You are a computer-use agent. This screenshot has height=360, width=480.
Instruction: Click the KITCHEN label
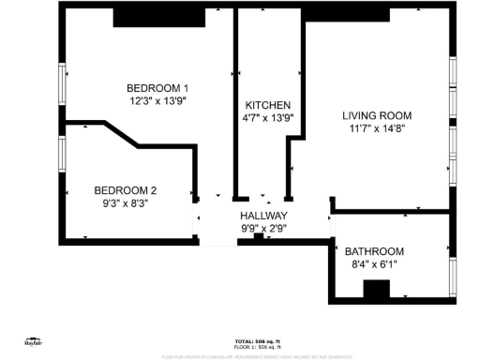[268, 105]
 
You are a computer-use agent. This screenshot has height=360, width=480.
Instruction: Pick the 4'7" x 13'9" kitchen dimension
[268, 117]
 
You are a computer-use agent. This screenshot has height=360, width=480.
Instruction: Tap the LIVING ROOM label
[377, 116]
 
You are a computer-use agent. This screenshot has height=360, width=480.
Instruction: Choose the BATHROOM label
[374, 251]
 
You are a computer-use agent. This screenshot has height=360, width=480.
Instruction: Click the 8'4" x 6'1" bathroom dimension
[374, 264]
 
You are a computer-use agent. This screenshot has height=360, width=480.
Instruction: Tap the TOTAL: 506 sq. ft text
[257, 341]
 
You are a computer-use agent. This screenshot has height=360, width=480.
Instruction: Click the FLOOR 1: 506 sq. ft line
[257, 346]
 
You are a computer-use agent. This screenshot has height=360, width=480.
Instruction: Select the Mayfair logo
[32, 343]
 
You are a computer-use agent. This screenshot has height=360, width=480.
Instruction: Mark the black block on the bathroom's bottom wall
[375, 292]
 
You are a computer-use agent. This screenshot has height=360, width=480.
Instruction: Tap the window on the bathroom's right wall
[453, 277]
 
